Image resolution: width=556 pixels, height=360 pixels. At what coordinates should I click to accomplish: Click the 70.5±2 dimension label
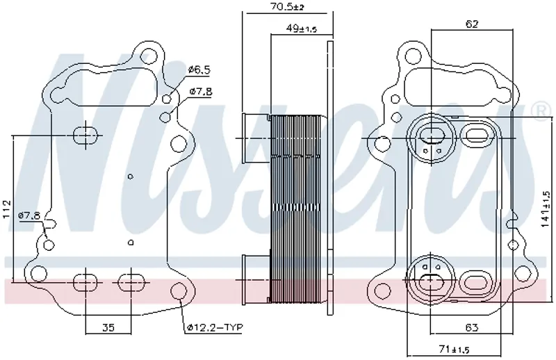[x=287, y=6]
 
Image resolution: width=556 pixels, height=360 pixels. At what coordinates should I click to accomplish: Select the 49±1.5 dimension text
[x=301, y=28]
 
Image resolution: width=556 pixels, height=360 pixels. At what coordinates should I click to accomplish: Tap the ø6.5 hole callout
[x=199, y=69]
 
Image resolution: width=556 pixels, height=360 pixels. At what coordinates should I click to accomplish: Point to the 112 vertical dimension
[x=6, y=210]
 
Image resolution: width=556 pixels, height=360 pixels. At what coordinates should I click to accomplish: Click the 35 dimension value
[x=108, y=327]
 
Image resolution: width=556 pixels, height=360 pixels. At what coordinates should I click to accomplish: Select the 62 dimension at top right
[x=472, y=24]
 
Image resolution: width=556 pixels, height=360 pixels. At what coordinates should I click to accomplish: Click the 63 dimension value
[x=471, y=327]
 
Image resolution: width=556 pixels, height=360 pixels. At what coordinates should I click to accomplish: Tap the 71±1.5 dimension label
[x=454, y=349]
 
